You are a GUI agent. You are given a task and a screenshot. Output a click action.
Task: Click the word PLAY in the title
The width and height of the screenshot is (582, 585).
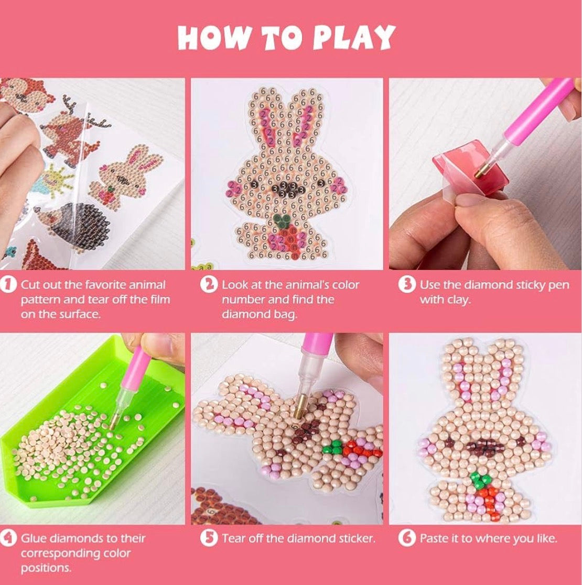353,37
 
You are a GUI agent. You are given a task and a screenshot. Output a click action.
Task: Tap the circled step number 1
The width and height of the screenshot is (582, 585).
8,285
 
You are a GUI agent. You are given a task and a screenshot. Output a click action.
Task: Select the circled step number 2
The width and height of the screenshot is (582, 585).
209,285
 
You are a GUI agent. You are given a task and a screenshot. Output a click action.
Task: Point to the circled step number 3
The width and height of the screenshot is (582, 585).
407,285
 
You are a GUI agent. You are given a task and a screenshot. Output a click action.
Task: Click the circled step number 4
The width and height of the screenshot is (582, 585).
8,538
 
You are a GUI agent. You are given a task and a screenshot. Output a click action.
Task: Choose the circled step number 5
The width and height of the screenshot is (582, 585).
209,538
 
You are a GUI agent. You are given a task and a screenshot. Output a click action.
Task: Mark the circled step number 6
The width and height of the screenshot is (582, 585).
407,538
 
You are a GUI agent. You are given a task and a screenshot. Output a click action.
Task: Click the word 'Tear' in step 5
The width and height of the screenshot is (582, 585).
234,538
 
